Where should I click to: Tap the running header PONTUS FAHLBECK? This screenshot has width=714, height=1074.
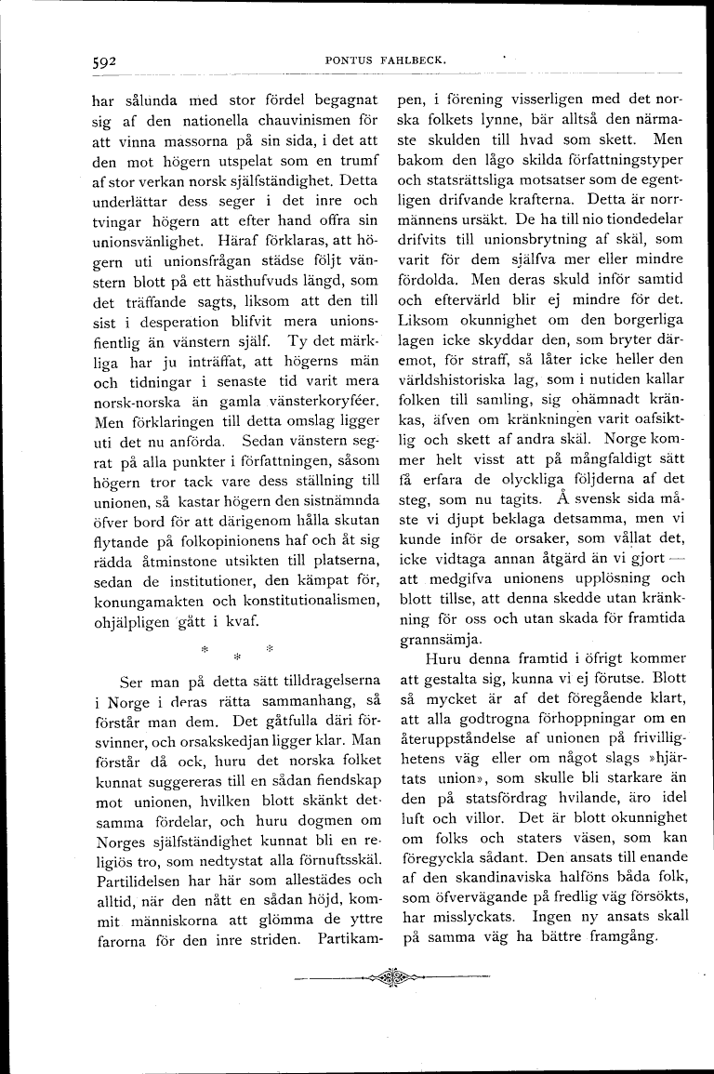coord(388,60)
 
